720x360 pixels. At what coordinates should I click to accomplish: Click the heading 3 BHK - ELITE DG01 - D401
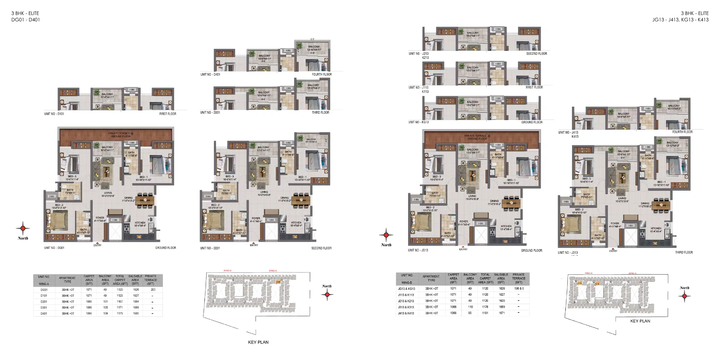(x=25, y=16)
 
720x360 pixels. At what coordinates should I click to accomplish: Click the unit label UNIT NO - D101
(x=54, y=114)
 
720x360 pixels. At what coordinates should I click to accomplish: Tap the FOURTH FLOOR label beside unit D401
(x=322, y=74)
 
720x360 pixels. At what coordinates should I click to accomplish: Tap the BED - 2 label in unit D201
(x=215, y=205)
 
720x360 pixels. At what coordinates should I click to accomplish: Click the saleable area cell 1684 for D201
(x=136, y=302)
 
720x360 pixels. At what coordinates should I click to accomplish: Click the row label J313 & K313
(x=406, y=307)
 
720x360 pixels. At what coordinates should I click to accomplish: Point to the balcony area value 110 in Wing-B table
(x=470, y=307)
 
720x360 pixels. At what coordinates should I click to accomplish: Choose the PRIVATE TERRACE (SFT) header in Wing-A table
(x=150, y=280)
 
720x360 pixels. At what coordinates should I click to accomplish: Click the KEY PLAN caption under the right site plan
(x=640, y=321)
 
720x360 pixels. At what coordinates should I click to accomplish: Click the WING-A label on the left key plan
(x=273, y=271)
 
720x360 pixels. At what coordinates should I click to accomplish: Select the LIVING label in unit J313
(x=622, y=198)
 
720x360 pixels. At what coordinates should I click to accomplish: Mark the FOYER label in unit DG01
(x=100, y=218)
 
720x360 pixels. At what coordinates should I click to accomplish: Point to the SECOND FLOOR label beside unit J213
(x=536, y=53)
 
